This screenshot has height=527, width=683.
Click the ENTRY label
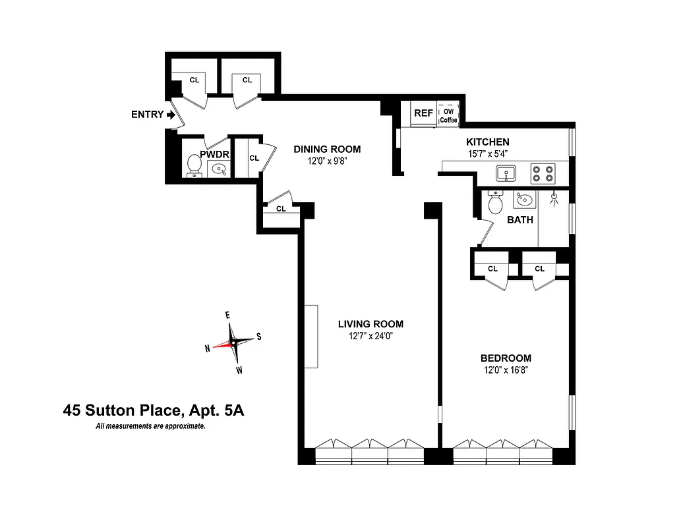click(147, 115)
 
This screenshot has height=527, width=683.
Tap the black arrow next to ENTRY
click(171, 115)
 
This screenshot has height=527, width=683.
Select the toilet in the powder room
click(194, 165)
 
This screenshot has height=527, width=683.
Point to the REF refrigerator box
click(423, 113)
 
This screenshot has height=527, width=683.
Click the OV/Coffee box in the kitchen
click(449, 114)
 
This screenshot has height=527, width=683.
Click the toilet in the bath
click(495, 203)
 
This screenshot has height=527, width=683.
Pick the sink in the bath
click(525, 199)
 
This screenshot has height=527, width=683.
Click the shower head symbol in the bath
click(554, 197)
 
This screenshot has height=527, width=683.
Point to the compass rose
click(233, 343)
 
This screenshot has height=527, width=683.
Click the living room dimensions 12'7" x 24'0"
click(370, 336)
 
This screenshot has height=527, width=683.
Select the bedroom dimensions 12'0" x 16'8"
click(505, 370)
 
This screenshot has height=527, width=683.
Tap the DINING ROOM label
click(327, 149)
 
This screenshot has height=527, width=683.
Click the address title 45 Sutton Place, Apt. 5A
click(154, 411)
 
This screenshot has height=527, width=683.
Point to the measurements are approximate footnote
click(150, 427)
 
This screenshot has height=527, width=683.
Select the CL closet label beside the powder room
click(254, 158)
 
